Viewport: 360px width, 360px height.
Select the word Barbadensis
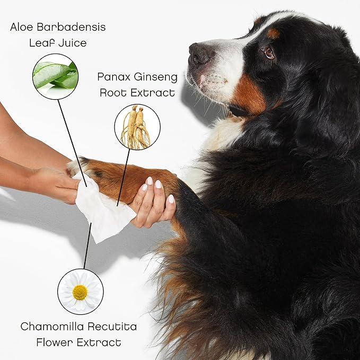(71, 27)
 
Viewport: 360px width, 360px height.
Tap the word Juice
(73, 43)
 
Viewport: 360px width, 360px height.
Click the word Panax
(113, 77)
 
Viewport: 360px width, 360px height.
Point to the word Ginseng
(156, 77)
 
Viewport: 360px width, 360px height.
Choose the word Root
(113, 93)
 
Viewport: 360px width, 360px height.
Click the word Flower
(55, 343)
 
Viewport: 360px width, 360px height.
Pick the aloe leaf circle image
(55, 76)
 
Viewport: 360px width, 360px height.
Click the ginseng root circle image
(137, 127)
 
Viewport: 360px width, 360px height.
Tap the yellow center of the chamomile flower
(80, 292)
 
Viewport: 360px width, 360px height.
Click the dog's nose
(197, 54)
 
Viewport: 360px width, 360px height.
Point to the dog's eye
(269, 53)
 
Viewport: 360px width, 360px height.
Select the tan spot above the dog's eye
(273, 33)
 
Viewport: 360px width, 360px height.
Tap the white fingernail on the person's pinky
(171, 199)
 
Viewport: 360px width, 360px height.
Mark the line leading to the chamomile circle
(87, 245)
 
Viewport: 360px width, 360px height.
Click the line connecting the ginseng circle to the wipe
(124, 178)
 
